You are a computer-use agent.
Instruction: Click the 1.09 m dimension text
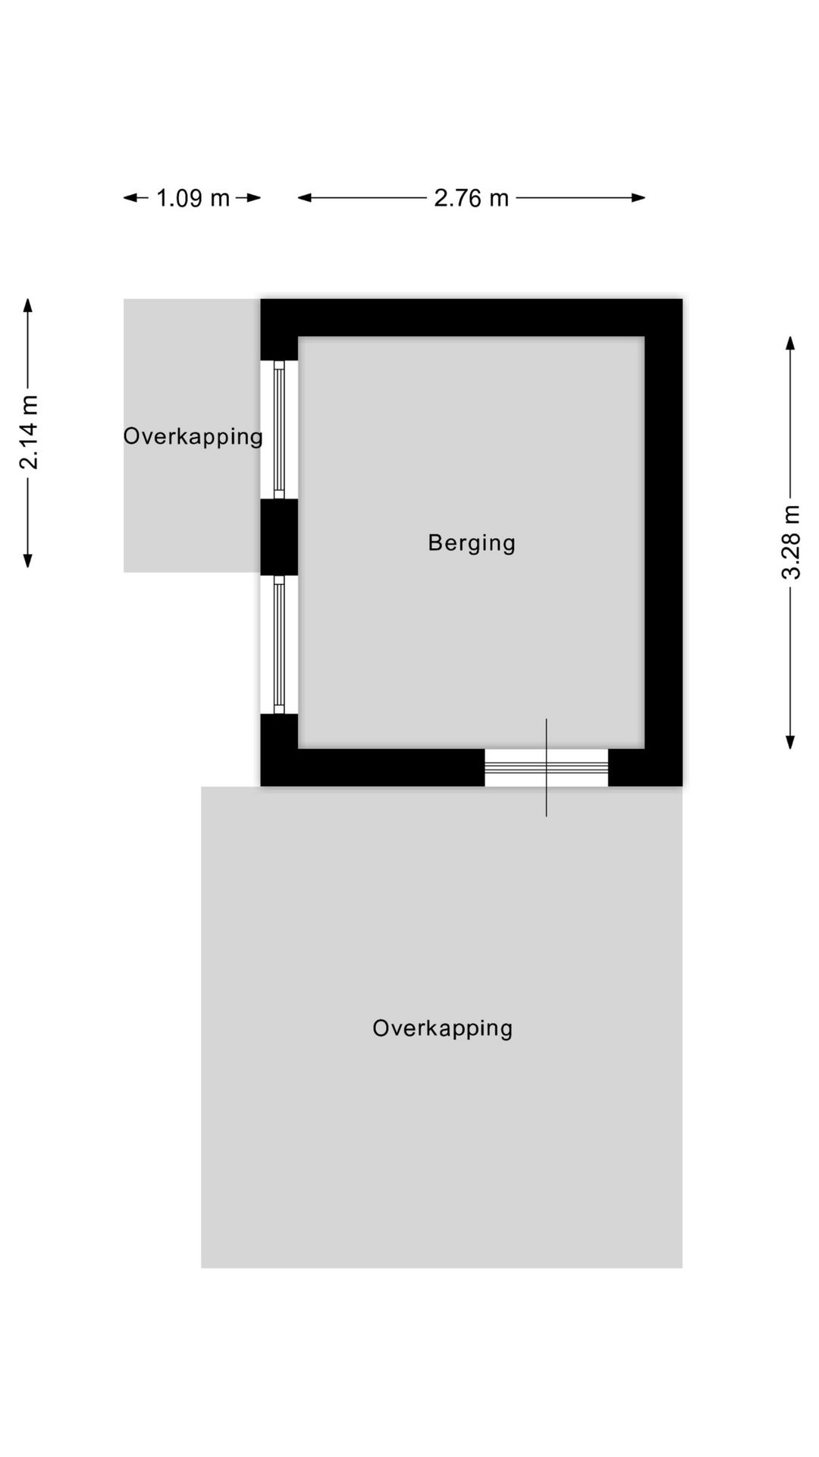click(193, 198)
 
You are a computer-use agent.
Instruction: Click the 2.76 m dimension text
click(471, 198)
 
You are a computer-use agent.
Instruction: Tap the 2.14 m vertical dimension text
click(29, 433)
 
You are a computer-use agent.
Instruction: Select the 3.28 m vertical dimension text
click(791, 542)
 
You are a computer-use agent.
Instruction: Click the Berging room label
click(472, 543)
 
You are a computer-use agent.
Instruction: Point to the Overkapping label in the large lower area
click(442, 1028)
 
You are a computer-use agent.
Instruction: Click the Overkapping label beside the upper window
click(193, 436)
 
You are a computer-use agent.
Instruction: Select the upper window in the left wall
click(279, 430)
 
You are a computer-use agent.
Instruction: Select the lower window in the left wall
click(279, 644)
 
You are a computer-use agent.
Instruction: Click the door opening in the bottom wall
click(546, 767)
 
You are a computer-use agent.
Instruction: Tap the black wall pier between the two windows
click(279, 537)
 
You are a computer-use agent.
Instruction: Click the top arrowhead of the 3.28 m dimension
click(790, 342)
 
